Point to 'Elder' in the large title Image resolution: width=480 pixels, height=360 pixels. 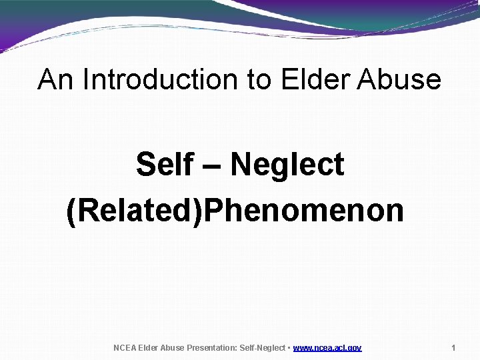(x=316, y=79)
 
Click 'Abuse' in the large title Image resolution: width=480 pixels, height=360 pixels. (x=399, y=79)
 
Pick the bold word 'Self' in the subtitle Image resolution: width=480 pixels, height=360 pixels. (x=164, y=165)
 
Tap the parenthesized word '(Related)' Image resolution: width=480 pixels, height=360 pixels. (x=135, y=211)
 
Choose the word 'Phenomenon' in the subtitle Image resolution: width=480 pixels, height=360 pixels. (x=305, y=211)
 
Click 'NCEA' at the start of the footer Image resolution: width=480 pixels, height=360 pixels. (x=124, y=348)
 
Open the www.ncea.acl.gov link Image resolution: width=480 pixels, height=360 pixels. (x=327, y=348)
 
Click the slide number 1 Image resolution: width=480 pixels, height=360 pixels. (x=453, y=348)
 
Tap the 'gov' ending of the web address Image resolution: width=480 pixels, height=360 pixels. (x=354, y=348)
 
